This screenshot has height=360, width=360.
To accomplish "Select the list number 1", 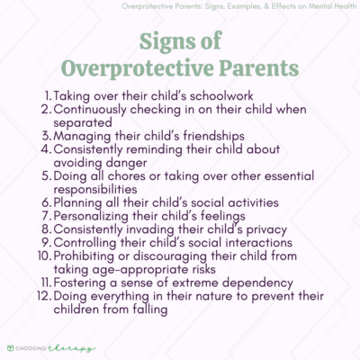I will (49, 94).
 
